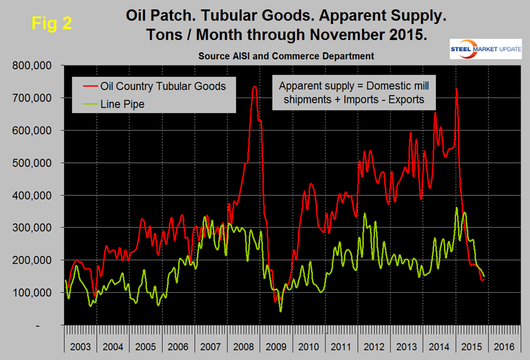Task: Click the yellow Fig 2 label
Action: coord(51,25)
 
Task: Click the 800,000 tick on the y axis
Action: coord(32,66)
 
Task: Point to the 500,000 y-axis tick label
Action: coord(32,163)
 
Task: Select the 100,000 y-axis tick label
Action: coord(32,293)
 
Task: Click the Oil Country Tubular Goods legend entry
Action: coord(163,86)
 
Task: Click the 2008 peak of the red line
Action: coord(255,87)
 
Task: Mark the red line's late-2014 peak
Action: coord(457,89)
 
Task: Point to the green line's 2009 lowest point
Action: coord(280,311)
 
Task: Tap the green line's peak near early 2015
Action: coord(457,208)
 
